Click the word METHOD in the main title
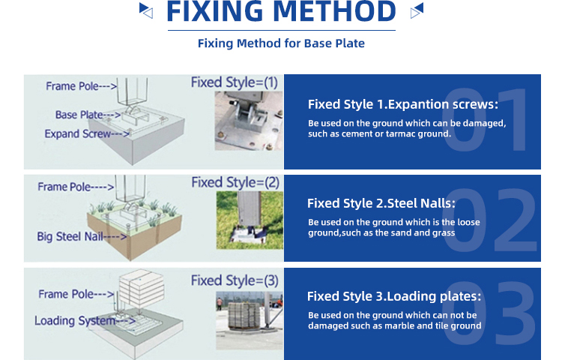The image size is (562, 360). point(334,11)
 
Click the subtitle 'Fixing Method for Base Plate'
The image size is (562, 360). point(281,43)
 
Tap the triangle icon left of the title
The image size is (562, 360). point(146,10)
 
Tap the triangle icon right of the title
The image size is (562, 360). point(417,10)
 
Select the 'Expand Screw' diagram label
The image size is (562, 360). point(77,133)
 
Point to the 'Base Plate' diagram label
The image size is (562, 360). point(79,115)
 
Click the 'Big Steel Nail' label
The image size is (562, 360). point(70,237)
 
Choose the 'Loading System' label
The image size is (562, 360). point(75,320)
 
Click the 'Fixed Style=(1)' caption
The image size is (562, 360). point(235,82)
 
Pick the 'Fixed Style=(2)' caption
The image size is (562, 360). point(235,182)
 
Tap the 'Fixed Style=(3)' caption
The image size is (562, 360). point(235,280)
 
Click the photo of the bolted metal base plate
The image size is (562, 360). point(249,121)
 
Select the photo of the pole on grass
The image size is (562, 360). point(250,220)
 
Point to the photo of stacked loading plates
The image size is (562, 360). point(250,320)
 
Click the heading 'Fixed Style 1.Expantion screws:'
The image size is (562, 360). point(403,104)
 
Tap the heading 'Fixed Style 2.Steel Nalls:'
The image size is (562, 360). point(381,203)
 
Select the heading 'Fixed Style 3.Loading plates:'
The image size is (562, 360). point(394,296)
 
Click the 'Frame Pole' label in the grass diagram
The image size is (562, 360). point(64,187)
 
